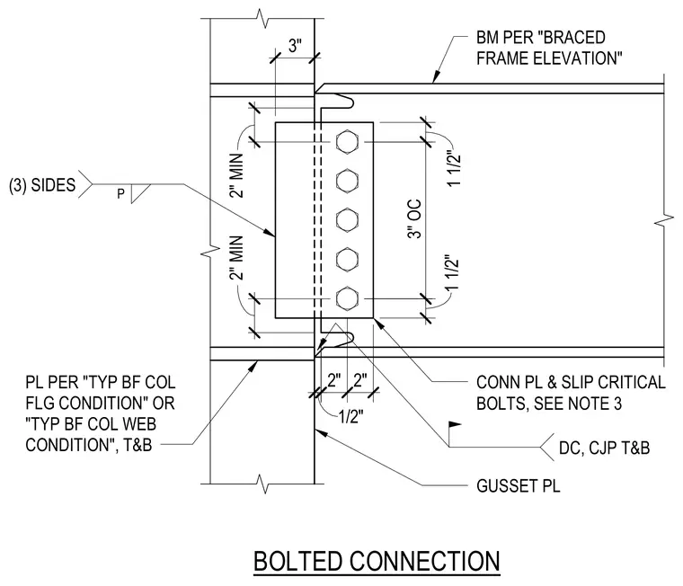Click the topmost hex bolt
tap(347, 142)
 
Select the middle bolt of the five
tap(347, 220)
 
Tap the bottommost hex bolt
tap(347, 298)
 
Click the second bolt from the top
tap(347, 181)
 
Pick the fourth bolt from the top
tap(347, 259)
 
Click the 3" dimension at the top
tap(295, 45)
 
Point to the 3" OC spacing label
tap(414, 218)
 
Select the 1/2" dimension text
tap(351, 416)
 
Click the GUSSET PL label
tap(519, 486)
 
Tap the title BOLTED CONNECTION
tap(377, 561)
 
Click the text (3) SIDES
tap(42, 185)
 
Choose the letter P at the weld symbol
tap(120, 193)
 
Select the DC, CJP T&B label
tap(604, 448)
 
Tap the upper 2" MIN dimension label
tap(236, 175)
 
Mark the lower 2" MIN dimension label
tap(236, 258)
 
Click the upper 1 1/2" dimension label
tap(454, 171)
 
